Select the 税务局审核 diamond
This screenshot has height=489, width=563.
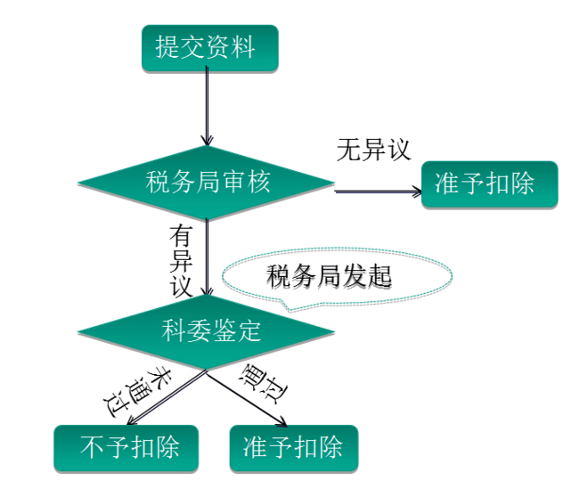point(207,183)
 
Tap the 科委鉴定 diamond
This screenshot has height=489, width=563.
point(207,332)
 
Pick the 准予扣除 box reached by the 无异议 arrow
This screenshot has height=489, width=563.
point(488,184)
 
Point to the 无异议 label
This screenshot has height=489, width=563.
point(374,150)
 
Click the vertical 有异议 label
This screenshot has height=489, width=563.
point(182,261)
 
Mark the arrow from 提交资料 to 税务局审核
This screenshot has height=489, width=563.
point(207,107)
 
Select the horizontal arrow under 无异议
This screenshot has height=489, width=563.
point(378,191)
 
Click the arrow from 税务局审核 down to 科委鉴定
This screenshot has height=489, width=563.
point(207,258)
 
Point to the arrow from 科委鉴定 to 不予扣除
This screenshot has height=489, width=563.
point(169,397)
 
